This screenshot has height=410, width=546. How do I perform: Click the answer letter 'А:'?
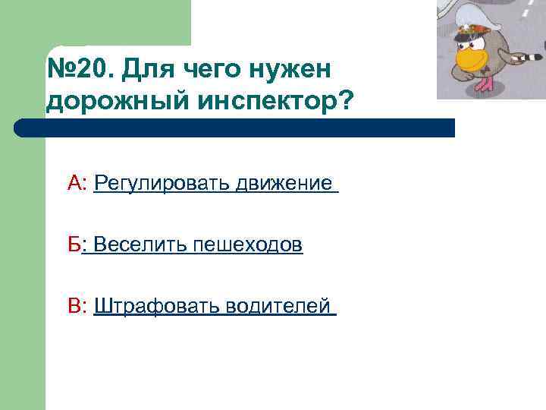click(x=78, y=183)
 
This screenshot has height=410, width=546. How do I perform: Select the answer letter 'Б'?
click(x=73, y=244)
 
